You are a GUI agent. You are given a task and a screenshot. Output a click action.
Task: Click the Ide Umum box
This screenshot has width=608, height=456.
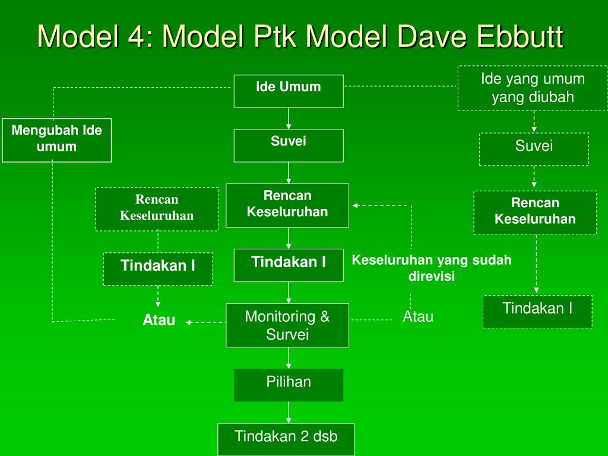289,91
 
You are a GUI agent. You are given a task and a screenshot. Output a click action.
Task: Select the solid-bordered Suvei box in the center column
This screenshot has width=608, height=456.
289,145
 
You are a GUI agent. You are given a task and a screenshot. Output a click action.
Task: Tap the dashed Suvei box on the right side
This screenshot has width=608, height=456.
534,148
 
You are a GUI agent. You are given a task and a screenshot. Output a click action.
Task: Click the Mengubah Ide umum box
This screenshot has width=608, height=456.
56,140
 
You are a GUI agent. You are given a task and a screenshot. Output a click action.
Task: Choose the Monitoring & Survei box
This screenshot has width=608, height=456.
287,325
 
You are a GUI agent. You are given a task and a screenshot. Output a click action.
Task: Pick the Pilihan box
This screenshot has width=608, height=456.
289,384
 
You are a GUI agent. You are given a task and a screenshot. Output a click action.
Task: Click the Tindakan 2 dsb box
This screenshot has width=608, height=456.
286,439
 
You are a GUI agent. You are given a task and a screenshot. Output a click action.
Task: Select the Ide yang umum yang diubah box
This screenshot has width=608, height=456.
533,88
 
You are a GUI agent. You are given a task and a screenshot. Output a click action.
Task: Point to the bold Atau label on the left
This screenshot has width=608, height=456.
159,321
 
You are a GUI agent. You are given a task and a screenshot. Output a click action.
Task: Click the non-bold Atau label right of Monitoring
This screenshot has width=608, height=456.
418,317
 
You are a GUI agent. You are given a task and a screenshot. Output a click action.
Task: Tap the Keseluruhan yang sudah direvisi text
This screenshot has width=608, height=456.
432,268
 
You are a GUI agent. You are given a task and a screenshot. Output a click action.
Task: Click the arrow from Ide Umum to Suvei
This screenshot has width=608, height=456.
289,118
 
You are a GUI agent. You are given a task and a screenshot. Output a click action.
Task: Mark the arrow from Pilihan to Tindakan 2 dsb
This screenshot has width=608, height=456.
289,412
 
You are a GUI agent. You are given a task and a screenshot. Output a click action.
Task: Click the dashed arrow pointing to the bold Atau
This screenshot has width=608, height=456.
205,322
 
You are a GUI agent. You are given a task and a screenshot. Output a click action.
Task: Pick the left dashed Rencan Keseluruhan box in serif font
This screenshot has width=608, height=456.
157,208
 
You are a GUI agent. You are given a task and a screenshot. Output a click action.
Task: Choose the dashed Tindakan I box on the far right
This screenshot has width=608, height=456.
537,311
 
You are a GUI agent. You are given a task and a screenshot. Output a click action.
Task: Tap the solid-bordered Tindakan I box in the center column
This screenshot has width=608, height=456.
289,265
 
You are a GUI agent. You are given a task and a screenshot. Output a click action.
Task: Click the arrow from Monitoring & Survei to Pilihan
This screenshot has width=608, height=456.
289,357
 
